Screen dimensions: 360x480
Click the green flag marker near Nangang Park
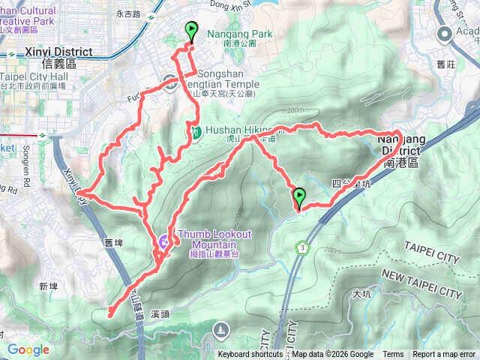(191, 32)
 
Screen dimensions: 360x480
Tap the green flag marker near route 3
(300, 197)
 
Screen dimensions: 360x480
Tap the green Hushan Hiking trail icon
(195, 133)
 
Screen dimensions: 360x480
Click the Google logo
(28, 349)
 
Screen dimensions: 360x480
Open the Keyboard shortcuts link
(250, 355)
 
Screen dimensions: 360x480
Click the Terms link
(393, 355)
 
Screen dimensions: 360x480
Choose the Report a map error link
(443, 355)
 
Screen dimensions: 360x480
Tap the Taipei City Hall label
(33, 77)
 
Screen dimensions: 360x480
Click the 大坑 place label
(361, 294)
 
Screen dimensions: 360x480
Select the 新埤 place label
(49, 286)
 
